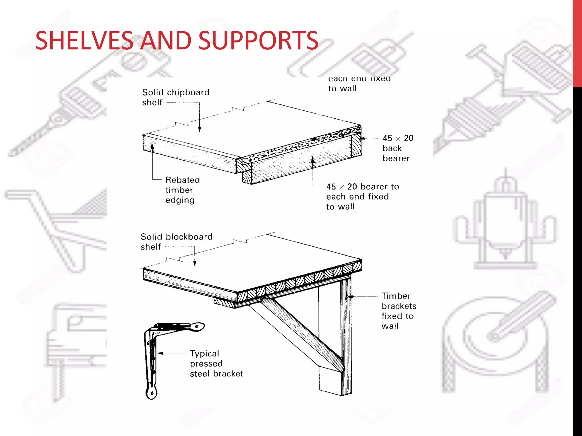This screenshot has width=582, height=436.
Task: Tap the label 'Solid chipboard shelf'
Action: pos(175,97)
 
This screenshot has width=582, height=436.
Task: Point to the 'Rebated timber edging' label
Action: pos(182,190)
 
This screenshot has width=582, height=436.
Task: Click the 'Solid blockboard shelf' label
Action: pos(176,242)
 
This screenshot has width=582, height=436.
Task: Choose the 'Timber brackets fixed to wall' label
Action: pos(398,311)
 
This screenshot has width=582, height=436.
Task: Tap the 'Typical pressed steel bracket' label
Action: pos(216,364)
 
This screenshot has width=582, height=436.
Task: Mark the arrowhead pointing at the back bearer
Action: pos(363,138)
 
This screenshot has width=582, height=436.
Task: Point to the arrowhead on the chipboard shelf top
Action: pos(199,129)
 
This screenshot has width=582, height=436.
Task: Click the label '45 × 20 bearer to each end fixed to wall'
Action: pos(362,196)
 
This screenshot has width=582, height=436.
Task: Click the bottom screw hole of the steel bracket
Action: pos(152,393)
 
